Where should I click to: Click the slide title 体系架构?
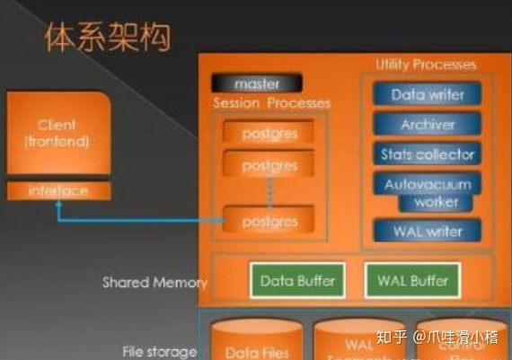[107, 37]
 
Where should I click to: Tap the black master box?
[257, 83]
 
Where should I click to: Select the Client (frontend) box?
[57, 134]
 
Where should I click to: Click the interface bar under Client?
[57, 191]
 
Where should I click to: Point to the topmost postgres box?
[269, 134]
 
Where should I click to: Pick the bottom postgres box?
[269, 219]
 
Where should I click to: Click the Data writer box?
[427, 94]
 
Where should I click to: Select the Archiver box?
[427, 125]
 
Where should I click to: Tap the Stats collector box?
[427, 154]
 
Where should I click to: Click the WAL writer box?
[427, 231]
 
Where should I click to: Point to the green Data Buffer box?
[296, 281]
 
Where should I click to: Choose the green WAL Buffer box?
[411, 281]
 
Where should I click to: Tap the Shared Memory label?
[154, 282]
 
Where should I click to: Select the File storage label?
[159, 351]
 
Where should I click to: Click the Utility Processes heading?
[426, 65]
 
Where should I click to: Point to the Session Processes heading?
[271, 103]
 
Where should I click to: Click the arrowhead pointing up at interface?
[58, 206]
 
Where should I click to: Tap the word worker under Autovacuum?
[437, 203]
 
